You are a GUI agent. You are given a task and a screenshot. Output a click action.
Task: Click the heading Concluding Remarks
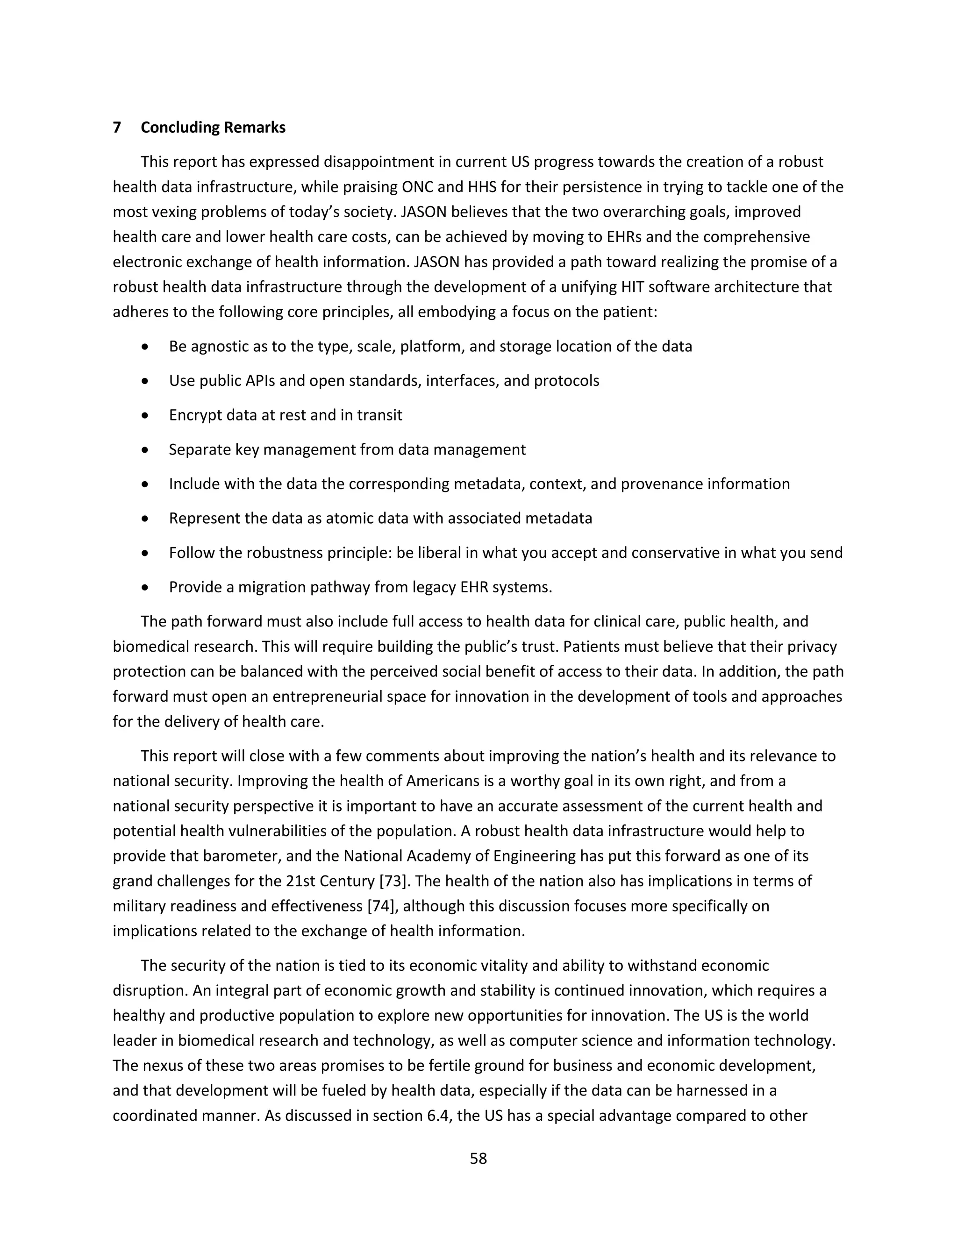point(213,128)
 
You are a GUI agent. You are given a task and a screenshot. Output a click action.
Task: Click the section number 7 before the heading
point(117,128)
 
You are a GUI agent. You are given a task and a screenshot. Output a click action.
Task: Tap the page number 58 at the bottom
point(478,1158)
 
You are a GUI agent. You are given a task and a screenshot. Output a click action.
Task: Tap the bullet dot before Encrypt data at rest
point(146,415)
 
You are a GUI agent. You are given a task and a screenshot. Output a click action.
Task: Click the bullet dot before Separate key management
point(146,450)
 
